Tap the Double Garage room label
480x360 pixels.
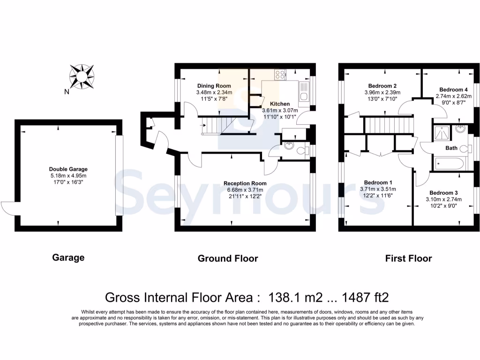[68, 169]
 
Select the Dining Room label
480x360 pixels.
[214, 86]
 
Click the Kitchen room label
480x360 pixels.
[279, 104]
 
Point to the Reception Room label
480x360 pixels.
[245, 183]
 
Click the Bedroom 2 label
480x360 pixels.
[382, 86]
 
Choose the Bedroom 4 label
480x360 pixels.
[453, 90]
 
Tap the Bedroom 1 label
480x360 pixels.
[378, 182]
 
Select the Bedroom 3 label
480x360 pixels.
[443, 193]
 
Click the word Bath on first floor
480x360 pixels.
[451, 148]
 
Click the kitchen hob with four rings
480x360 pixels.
[281, 74]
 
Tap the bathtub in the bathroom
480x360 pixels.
[449, 164]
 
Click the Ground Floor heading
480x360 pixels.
[228, 258]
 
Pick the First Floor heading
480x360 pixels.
[408, 258]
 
